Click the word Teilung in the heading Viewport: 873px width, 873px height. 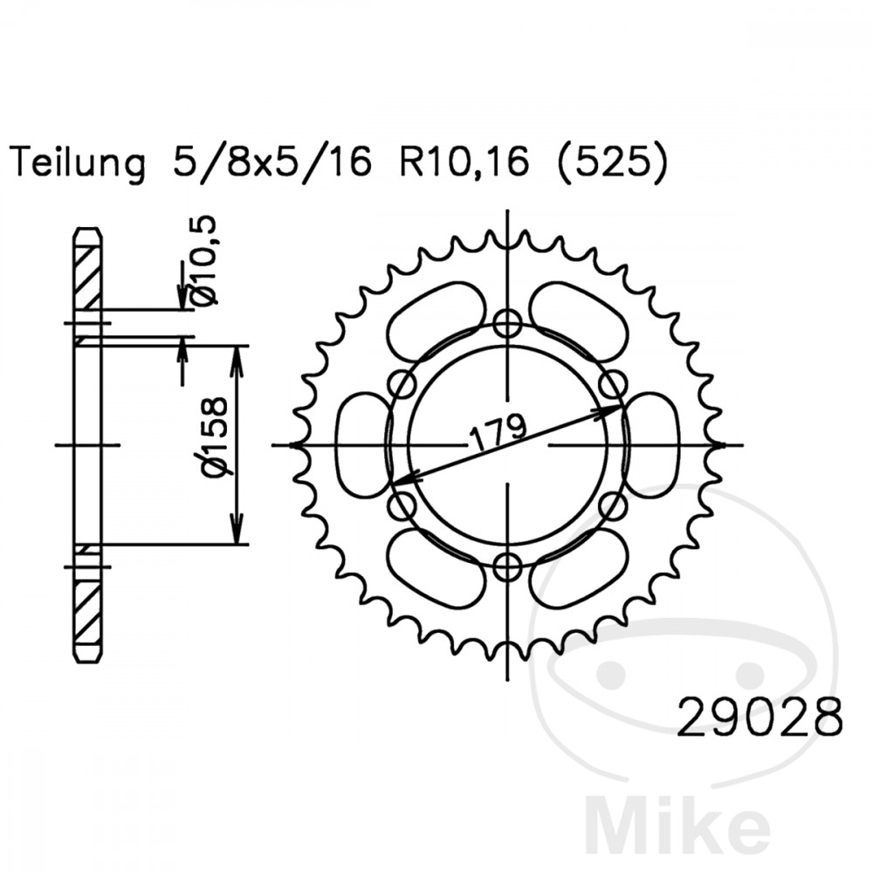[x=78, y=162]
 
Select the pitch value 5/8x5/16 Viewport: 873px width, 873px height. [x=272, y=162]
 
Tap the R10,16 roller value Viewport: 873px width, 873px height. [x=464, y=162]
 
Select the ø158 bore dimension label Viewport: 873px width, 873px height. [x=215, y=437]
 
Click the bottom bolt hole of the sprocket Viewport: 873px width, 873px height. [x=507, y=567]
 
